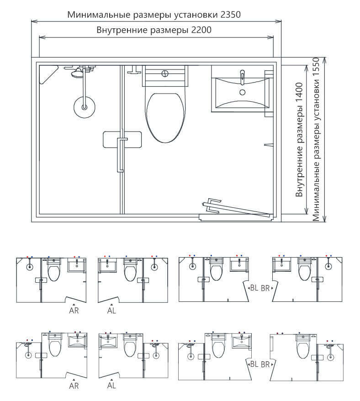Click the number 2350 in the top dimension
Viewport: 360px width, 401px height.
click(x=230, y=15)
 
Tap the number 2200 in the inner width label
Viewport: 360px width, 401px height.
click(x=201, y=30)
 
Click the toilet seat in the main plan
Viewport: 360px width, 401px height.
click(x=165, y=118)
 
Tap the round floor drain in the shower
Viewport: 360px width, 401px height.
click(x=85, y=107)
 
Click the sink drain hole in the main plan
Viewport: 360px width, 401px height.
click(x=242, y=92)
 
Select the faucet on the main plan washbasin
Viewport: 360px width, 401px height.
click(x=243, y=77)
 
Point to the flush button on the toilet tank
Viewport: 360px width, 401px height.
click(x=165, y=74)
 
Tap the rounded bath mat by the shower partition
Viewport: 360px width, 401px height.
click(x=122, y=140)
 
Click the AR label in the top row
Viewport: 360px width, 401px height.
click(x=74, y=311)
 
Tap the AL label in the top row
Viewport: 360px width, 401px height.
click(x=111, y=311)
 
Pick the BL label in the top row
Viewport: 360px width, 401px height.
click(x=254, y=288)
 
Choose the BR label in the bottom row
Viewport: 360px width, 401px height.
click(x=265, y=364)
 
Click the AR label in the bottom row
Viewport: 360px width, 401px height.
click(x=74, y=386)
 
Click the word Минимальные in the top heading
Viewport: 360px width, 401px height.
click(x=99, y=15)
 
